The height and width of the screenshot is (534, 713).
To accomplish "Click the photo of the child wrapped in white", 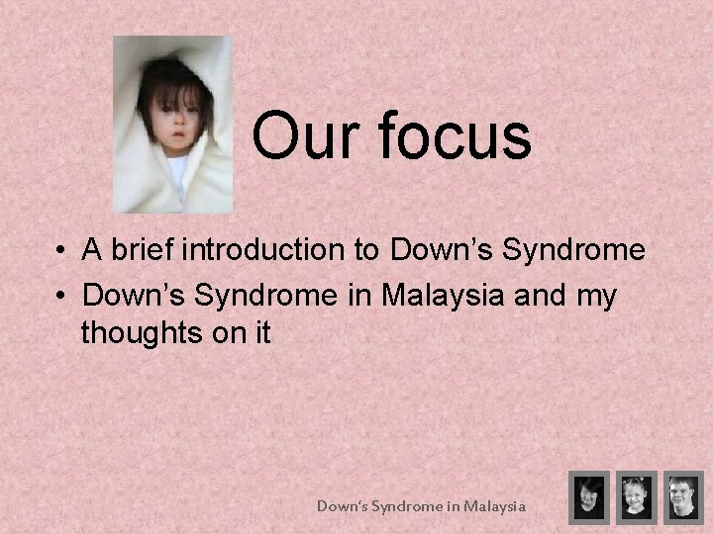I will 173,126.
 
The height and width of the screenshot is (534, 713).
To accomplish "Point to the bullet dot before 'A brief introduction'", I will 60,251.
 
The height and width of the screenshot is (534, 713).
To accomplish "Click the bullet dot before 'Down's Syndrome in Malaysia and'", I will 60,296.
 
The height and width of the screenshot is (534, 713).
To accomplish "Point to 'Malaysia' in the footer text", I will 493,506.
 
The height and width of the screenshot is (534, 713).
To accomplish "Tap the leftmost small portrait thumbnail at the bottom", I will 588,496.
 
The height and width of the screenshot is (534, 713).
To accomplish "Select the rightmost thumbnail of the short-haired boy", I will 682,496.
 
